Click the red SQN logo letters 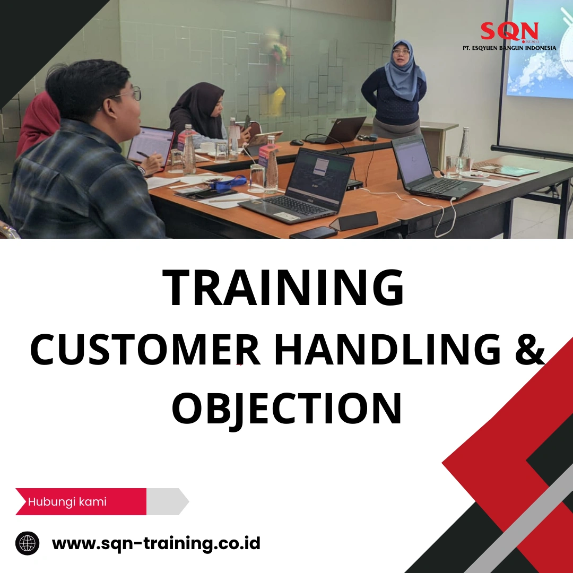tap(509, 31)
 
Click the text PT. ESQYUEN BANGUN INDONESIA tap(509, 48)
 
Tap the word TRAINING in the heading tap(284, 289)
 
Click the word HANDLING tap(388, 351)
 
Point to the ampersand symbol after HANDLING tap(529, 351)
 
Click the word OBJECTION tap(286, 409)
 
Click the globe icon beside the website tap(28, 543)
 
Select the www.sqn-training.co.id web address tap(156, 543)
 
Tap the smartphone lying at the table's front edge tap(314, 232)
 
